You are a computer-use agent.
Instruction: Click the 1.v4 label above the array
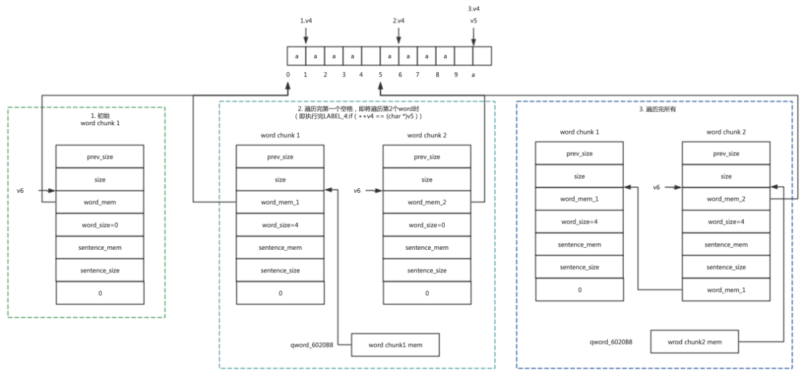coord(306,21)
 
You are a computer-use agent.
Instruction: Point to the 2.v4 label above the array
coord(399,21)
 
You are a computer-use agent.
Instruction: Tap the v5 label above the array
coord(473,21)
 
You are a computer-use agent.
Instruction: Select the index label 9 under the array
coord(455,74)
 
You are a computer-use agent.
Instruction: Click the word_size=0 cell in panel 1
coord(100,224)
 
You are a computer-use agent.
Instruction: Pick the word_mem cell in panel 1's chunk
coord(100,202)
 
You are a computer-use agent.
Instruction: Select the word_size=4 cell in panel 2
coord(280,224)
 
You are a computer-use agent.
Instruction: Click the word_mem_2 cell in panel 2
coord(427,202)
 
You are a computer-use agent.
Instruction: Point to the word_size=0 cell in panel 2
coord(427,224)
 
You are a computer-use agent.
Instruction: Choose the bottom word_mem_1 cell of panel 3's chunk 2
coord(726,290)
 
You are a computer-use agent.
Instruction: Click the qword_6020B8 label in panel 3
coord(611,342)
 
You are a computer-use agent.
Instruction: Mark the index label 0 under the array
coord(287,74)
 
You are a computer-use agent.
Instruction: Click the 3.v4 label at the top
coord(474,8)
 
